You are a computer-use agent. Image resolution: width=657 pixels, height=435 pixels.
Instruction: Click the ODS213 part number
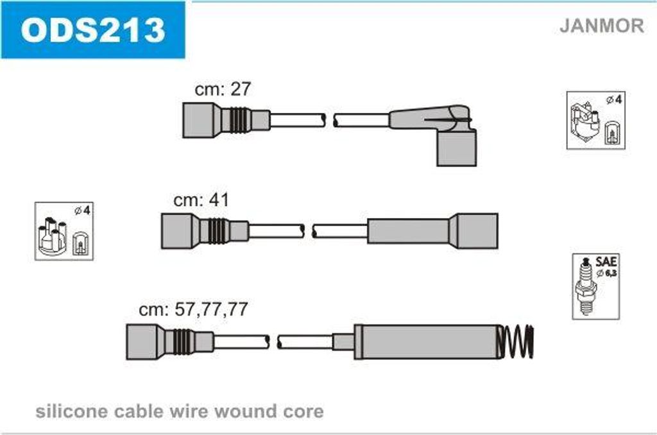(93, 30)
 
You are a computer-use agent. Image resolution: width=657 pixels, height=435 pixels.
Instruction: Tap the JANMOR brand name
(601, 26)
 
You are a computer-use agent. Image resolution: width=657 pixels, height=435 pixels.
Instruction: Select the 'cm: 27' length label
(223, 89)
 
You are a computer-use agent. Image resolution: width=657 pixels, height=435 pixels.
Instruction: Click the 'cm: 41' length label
(201, 200)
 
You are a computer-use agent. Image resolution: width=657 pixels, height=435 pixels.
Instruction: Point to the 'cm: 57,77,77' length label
(193, 309)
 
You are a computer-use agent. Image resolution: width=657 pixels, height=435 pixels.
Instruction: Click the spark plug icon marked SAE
(586, 287)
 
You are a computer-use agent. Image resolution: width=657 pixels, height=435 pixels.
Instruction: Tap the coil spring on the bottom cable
(516, 341)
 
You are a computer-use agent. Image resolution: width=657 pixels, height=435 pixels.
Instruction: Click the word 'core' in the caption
(303, 412)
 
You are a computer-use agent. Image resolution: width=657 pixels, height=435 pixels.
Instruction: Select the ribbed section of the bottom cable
(183, 341)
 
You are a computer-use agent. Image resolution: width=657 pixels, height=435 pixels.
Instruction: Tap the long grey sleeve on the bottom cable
(427, 341)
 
